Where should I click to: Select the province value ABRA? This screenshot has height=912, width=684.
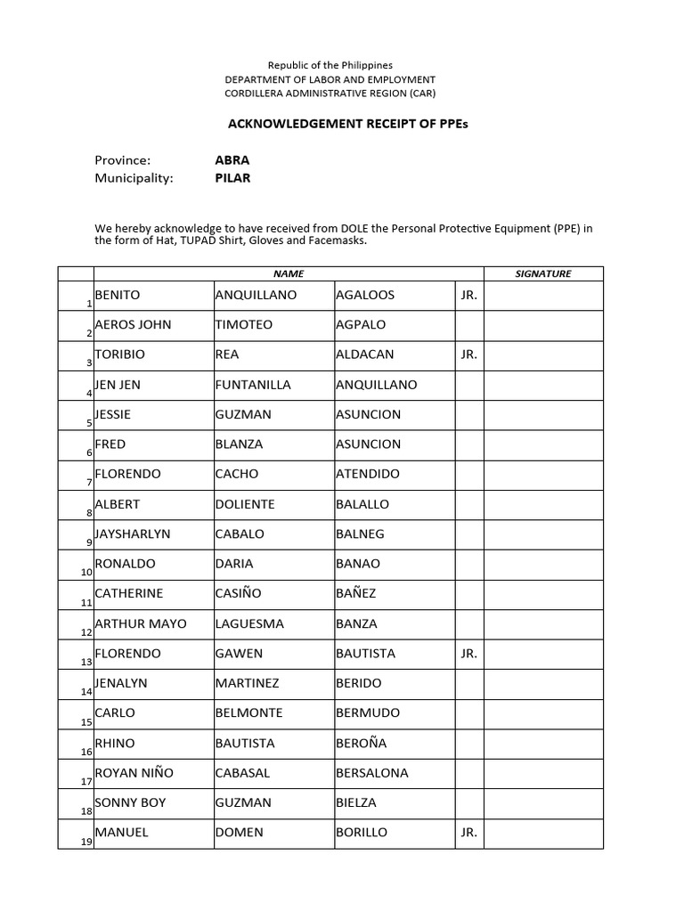[232, 160]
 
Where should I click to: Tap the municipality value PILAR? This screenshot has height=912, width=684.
[232, 177]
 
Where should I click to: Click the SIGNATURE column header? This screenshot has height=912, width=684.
[543, 274]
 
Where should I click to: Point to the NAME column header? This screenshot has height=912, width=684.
[289, 274]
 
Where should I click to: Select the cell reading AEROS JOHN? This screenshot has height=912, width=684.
[133, 325]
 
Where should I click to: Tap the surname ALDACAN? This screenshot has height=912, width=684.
[364, 354]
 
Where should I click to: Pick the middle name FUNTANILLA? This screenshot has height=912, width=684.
[253, 385]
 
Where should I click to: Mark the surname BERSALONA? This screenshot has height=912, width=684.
[371, 773]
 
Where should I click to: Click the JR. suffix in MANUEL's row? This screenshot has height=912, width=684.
[469, 833]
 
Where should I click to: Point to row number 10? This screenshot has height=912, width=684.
[86, 572]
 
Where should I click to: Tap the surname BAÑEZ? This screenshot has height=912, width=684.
[356, 594]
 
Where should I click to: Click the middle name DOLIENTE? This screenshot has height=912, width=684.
[245, 504]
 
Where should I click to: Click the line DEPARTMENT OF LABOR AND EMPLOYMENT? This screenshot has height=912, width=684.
[330, 80]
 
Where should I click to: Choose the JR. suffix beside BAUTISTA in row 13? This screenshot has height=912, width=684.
[469, 654]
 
